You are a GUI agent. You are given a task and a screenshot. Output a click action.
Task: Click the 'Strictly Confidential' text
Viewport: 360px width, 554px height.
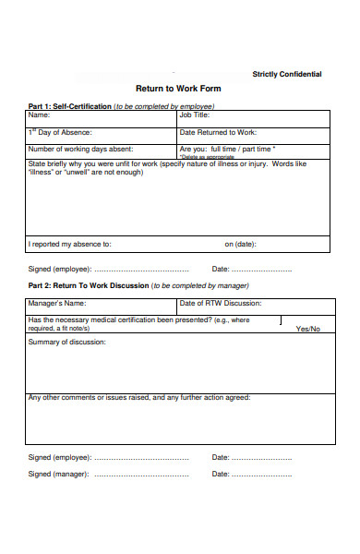pyautogui.click(x=287, y=74)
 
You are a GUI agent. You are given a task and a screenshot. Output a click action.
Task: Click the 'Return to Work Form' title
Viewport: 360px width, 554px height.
pyautogui.click(x=180, y=90)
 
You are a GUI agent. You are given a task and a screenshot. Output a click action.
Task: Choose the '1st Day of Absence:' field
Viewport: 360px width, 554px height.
pyautogui.click(x=102, y=133)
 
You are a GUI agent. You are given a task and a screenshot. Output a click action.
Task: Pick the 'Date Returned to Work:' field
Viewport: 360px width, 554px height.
pyautogui.click(x=254, y=133)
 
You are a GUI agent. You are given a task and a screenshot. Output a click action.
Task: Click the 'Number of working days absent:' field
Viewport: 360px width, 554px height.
pyautogui.click(x=102, y=149)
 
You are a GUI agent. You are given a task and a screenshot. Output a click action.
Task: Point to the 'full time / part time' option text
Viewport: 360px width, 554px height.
pyautogui.click(x=243, y=148)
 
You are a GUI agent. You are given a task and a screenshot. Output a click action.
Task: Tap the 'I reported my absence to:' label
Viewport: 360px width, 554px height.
pyautogui.click(x=69, y=245)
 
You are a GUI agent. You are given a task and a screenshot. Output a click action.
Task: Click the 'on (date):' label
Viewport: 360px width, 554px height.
pyautogui.click(x=241, y=245)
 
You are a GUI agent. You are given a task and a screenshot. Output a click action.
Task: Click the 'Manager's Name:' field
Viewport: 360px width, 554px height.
pyautogui.click(x=102, y=304)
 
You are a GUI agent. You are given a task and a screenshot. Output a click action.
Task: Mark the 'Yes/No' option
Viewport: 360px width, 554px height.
pyautogui.click(x=307, y=329)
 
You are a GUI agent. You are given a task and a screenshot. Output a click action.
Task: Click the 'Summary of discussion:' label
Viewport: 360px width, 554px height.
pyautogui.click(x=66, y=342)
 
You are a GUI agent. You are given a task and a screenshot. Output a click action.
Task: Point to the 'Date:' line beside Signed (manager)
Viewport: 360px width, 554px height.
pyautogui.click(x=264, y=475)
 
